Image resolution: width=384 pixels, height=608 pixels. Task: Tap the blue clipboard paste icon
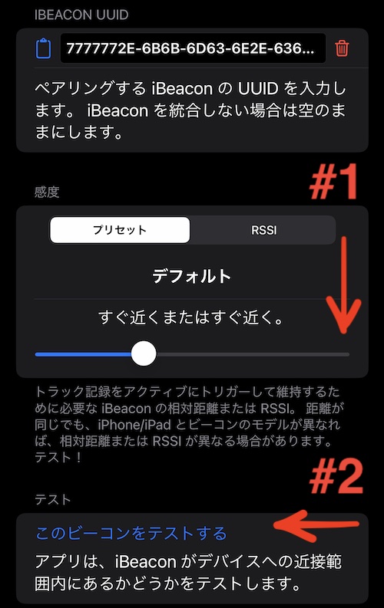click(43, 48)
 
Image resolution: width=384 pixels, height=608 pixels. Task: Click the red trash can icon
click(342, 48)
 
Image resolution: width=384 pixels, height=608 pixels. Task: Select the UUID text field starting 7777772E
click(193, 48)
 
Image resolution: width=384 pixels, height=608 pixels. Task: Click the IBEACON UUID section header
click(81, 15)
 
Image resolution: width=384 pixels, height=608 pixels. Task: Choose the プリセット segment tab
click(120, 230)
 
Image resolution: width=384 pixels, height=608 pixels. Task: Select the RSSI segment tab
click(264, 230)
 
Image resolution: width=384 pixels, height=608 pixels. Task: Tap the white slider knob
click(144, 353)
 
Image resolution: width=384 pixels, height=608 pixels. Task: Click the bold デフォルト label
click(192, 277)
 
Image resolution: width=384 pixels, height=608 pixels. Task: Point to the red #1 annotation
click(333, 181)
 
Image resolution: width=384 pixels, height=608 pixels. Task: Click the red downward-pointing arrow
click(343, 285)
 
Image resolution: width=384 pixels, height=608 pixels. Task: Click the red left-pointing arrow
click(316, 525)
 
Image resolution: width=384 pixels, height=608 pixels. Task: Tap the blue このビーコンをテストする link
click(131, 533)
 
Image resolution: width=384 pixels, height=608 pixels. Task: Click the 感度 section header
click(47, 192)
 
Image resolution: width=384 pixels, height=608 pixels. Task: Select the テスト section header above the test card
click(53, 499)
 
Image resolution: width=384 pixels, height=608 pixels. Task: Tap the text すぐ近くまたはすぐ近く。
click(191, 317)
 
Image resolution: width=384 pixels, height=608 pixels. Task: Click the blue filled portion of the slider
click(83, 354)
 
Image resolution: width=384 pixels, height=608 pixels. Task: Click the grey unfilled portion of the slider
click(253, 354)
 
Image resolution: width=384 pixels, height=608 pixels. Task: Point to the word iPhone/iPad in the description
click(134, 425)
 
